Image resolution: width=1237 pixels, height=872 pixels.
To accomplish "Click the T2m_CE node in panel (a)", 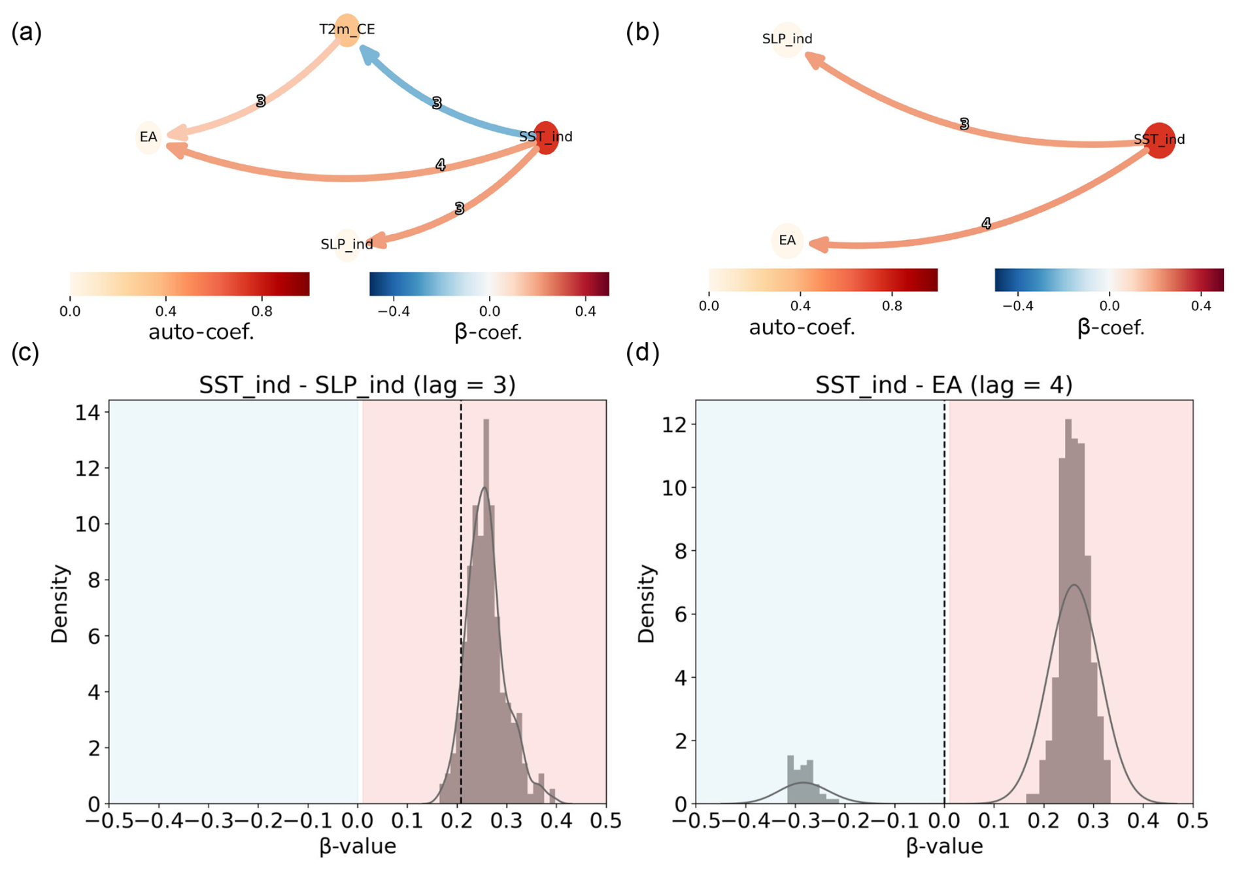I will [x=347, y=29].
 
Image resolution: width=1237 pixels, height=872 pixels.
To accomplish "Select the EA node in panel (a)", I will [x=148, y=137].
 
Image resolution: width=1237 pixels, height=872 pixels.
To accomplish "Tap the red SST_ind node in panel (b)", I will [x=1159, y=140].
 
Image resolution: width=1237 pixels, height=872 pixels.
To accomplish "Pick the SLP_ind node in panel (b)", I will [x=787, y=39].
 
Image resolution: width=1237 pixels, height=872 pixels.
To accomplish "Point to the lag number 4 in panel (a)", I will [x=441, y=166].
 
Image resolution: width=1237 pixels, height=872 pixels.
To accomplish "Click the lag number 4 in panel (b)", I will [x=986, y=224].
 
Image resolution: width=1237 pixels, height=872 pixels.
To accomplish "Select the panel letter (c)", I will [x=25, y=353].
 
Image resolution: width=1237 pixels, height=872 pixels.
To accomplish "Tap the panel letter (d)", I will [x=642, y=353].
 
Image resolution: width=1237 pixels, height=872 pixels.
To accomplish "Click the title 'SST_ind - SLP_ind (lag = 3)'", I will [x=357, y=385].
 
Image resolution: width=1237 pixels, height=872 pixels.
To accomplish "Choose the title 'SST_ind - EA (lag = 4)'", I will [x=943, y=385].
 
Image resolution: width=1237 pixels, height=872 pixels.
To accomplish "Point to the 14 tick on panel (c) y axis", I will [x=88, y=413].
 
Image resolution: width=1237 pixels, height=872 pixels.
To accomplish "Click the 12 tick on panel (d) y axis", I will [x=675, y=425].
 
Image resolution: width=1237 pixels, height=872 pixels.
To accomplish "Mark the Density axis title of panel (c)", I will [x=59, y=604].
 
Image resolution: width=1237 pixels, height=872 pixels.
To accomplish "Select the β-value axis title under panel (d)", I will [x=944, y=846].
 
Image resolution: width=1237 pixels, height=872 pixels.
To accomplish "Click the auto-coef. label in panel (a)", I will [x=201, y=332].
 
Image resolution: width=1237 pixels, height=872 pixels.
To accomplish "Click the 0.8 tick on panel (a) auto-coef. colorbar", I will [x=262, y=311].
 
